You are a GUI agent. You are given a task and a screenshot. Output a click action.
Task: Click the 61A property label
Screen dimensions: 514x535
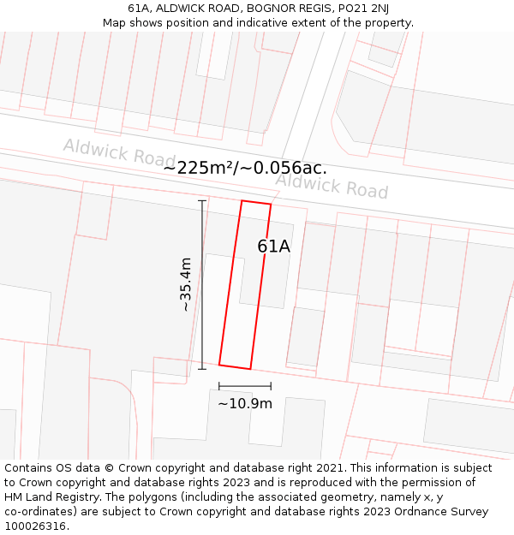[x=274, y=247]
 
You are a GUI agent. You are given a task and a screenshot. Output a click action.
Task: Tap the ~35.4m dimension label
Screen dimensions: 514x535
[x=185, y=284]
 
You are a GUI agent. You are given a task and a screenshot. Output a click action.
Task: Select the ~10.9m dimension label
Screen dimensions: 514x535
[x=245, y=403]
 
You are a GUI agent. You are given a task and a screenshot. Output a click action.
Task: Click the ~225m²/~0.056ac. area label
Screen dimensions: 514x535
[x=245, y=168]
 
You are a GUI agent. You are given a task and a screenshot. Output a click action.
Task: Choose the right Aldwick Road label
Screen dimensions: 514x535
[x=332, y=185]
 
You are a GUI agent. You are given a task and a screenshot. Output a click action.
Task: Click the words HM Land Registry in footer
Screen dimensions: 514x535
[x=51, y=497]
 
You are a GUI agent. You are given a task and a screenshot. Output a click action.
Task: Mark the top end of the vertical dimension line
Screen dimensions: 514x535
[x=202, y=201]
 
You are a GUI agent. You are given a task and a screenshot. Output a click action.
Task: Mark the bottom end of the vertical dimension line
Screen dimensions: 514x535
[x=202, y=369]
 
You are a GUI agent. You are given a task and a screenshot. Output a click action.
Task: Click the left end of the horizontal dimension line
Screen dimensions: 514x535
[x=219, y=386]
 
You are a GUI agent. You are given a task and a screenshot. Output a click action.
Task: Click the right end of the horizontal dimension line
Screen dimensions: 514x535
[x=271, y=386]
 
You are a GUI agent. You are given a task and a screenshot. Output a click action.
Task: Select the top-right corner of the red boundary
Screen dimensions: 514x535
[x=271, y=205]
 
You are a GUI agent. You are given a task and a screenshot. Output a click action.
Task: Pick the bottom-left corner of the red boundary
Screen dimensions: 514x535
[x=219, y=365]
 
